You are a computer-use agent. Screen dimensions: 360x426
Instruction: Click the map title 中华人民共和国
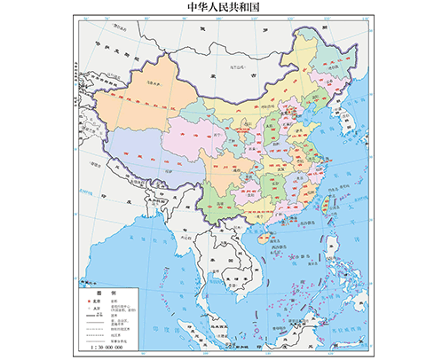click(x=212, y=8)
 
